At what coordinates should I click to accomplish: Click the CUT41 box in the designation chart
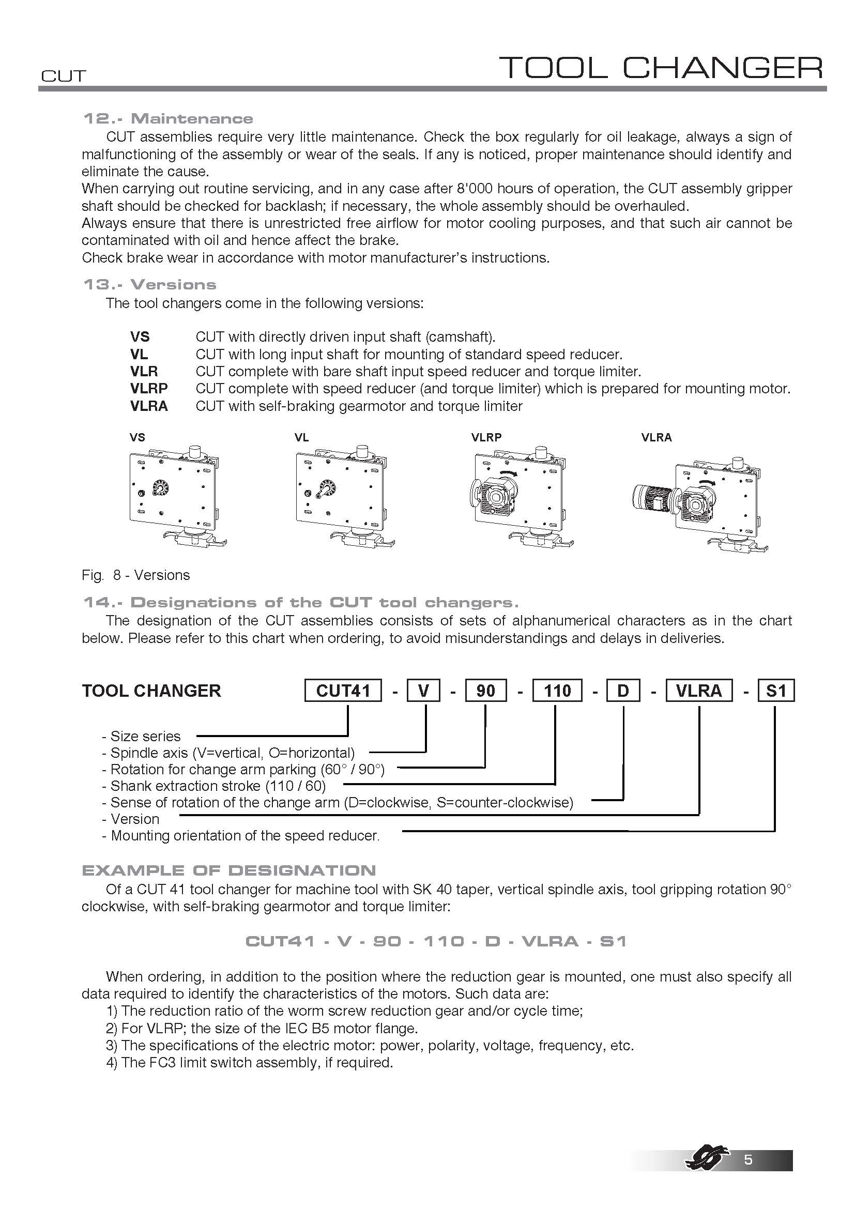(x=343, y=691)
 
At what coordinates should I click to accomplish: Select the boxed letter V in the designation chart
(x=423, y=691)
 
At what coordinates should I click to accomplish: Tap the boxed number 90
(x=485, y=691)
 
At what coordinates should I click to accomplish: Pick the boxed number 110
(x=557, y=691)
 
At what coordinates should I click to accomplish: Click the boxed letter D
(x=623, y=691)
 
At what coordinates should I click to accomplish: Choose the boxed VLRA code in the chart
(x=699, y=691)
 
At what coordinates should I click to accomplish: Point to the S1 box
(x=775, y=691)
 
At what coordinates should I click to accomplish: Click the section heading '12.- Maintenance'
(x=168, y=118)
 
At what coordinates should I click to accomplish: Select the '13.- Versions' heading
(x=149, y=285)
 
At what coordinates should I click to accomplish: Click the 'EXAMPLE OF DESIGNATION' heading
(x=229, y=870)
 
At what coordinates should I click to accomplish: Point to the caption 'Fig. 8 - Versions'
(x=136, y=575)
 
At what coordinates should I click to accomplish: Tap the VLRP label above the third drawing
(x=486, y=437)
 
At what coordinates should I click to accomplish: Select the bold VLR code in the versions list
(x=144, y=371)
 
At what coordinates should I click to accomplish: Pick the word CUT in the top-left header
(x=63, y=76)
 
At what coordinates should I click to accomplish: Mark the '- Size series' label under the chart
(x=141, y=736)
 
